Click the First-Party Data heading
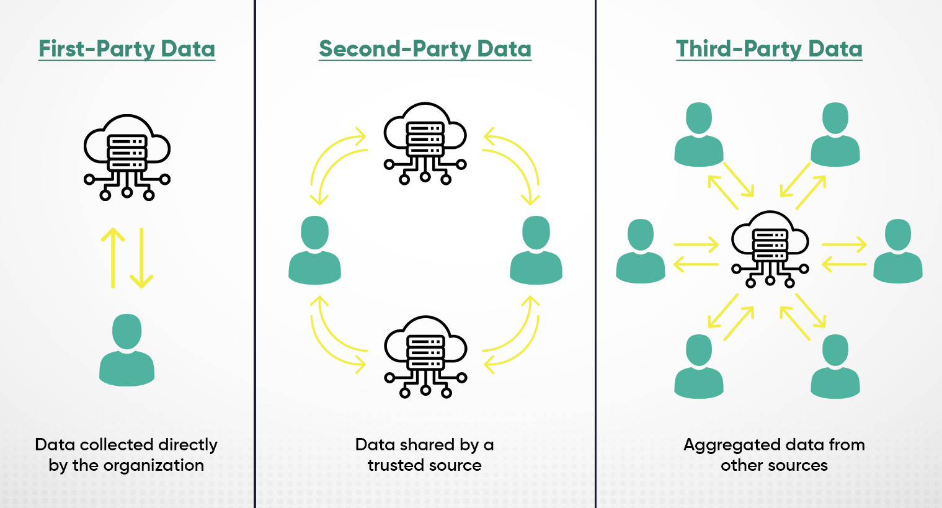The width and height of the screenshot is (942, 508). (x=127, y=48)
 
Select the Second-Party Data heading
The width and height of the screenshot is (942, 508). (x=425, y=48)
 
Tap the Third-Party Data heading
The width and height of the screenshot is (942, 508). (x=769, y=48)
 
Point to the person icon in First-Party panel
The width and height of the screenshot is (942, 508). (x=127, y=350)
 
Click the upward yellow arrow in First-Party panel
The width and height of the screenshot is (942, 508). (x=113, y=258)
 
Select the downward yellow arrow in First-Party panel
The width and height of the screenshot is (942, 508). (x=141, y=258)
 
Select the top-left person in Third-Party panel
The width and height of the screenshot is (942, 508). (x=699, y=135)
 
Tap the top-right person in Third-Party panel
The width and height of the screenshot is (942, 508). (x=835, y=135)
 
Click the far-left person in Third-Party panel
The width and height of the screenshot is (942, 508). (x=641, y=251)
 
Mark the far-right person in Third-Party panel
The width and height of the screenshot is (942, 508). (x=897, y=251)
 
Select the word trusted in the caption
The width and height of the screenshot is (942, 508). (x=394, y=465)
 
